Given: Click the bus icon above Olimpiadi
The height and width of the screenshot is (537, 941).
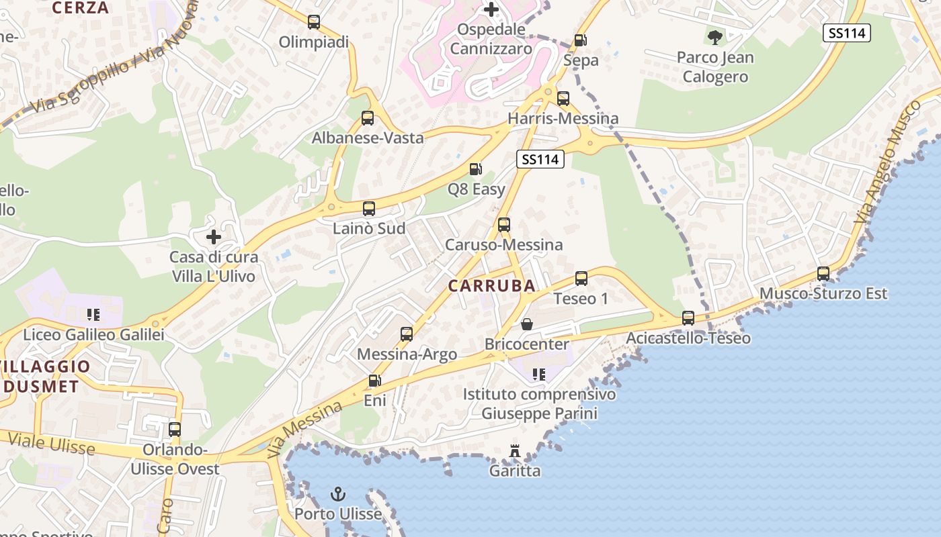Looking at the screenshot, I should tap(314, 22).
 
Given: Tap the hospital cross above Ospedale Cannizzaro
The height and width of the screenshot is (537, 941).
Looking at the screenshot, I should tap(491, 9).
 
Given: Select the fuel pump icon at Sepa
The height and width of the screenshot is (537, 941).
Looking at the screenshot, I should tap(580, 40).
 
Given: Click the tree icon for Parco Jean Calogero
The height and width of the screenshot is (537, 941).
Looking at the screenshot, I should tap(715, 38).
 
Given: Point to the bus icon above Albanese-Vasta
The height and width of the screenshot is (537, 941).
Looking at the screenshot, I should tap(368, 118).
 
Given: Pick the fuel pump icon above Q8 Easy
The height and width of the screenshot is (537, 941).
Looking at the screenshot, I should tap(476, 169).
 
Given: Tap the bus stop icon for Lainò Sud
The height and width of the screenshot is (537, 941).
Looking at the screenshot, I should tap(369, 209).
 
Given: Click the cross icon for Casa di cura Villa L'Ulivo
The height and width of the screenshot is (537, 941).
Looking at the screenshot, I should tap(214, 237).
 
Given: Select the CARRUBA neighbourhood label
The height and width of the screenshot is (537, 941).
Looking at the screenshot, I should tap(492, 286).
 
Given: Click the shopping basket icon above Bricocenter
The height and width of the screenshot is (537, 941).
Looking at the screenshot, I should tap(527, 325).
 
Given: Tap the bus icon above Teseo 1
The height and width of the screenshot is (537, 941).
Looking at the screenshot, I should tap(581, 279).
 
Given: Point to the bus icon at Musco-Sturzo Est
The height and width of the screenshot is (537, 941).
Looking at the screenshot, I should tap(823, 274).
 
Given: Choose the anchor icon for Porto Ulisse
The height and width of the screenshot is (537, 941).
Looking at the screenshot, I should tap(338, 495).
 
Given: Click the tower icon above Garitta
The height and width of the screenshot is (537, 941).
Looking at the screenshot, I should tap(515, 451).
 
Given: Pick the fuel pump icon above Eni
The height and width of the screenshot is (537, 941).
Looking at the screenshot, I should tap(374, 381).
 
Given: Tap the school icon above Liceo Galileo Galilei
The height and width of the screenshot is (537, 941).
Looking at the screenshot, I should tap(93, 314).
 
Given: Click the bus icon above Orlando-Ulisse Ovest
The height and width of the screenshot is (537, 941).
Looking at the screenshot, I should tap(175, 430).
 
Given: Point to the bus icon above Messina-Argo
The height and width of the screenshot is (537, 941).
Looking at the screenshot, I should tap(407, 334).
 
